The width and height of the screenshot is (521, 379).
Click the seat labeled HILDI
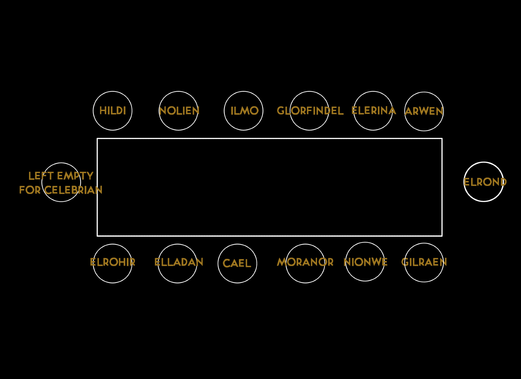point(113,111)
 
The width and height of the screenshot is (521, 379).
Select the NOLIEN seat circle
point(178,111)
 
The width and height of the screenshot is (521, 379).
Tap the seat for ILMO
point(244,111)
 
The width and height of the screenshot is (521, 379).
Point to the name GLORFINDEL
point(310,111)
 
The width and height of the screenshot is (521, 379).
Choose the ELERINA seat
point(373,111)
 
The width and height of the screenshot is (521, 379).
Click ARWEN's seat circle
point(424,112)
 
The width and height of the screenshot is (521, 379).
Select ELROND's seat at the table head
point(483,182)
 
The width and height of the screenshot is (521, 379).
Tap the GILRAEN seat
point(424,262)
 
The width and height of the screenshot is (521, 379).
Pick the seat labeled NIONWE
point(365,262)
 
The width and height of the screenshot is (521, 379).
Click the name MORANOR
point(305,262)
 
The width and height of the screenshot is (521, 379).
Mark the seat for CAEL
point(237,264)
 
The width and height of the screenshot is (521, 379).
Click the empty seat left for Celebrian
point(61,182)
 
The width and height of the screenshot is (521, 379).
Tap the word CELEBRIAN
point(73,190)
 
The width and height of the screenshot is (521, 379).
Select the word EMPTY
point(75,176)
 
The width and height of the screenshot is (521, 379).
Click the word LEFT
point(41,176)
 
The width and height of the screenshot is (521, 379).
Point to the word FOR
point(30,190)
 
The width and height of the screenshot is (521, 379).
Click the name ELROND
point(485,182)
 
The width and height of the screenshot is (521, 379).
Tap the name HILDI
point(113,111)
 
